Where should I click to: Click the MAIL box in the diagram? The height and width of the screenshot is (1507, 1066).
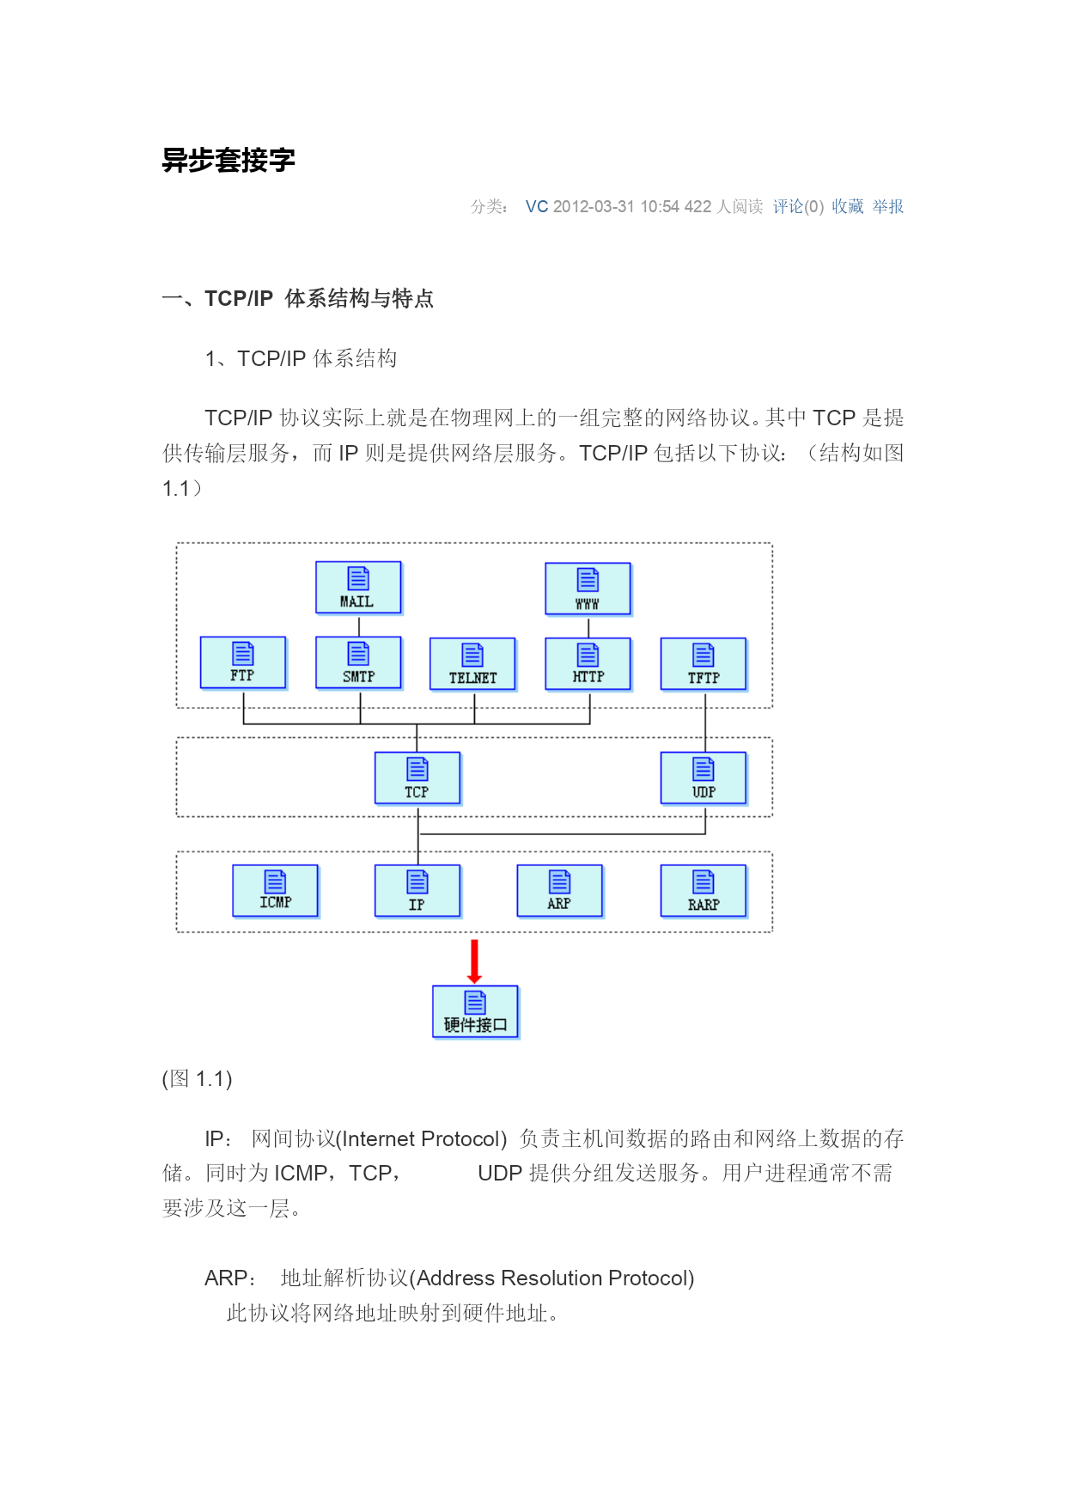[358, 588]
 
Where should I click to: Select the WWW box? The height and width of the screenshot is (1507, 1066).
[588, 589]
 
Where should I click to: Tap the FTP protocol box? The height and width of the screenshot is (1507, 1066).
[243, 662]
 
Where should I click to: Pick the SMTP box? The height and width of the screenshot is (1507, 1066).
[358, 662]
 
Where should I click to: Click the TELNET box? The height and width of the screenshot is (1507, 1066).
[473, 664]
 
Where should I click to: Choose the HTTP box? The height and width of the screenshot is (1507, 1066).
[588, 664]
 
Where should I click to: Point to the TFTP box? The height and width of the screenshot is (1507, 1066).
[704, 664]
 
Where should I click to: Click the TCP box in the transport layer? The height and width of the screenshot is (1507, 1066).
[417, 778]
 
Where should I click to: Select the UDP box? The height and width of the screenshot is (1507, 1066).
[704, 778]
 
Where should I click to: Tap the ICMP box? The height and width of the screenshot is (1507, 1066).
[276, 891]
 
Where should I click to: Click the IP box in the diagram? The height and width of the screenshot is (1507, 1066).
[417, 891]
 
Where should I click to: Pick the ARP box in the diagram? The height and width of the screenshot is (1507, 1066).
[560, 891]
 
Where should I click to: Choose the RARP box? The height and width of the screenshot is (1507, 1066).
[704, 891]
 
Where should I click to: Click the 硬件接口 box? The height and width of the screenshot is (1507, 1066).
[476, 1012]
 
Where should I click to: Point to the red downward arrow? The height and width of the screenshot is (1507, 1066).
[474, 961]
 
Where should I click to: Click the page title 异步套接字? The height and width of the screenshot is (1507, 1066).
[228, 160]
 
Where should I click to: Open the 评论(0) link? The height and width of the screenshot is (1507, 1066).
[798, 206]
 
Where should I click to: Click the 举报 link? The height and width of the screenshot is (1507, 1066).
[888, 206]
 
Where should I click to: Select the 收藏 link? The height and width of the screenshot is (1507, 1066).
[847, 206]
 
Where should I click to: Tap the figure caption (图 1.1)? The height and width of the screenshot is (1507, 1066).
[198, 1079]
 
